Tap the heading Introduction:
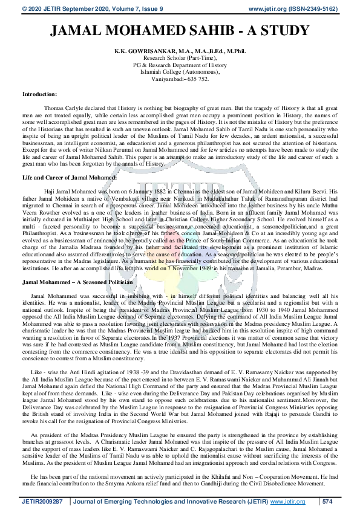click(x=40, y=94)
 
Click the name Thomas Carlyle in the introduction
click(x=62, y=106)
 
